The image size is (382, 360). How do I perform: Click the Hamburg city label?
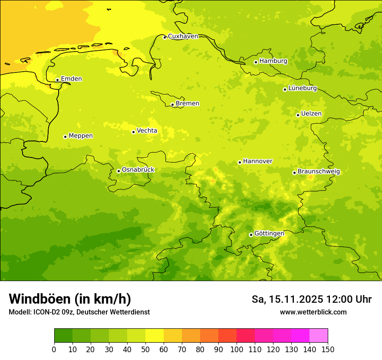point(273,61)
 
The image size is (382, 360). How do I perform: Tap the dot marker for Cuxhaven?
point(165,37)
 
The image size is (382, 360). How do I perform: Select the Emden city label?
point(71,79)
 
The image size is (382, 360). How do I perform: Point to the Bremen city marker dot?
point(172,105)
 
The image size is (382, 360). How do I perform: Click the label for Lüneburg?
point(302,88)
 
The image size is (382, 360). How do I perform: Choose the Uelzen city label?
point(311,114)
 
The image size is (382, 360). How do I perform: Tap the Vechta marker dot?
point(133,132)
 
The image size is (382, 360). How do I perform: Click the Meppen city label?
point(80,136)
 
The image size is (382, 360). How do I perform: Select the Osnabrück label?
point(138,170)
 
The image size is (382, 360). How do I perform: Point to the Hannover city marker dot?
point(240,162)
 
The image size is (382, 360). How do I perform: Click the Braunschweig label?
point(319,172)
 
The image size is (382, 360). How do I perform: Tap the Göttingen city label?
point(269,233)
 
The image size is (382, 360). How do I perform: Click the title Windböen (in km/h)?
point(70,299)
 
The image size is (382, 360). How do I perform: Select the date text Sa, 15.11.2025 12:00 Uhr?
point(312,299)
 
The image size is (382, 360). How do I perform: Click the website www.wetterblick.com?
point(313,312)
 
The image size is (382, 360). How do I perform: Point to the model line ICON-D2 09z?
point(79,312)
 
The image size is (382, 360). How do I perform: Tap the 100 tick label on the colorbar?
point(237,349)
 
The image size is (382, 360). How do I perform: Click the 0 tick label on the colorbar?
point(54,349)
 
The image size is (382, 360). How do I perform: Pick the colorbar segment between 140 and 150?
point(319,335)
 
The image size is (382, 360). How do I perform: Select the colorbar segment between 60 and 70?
point(173,335)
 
